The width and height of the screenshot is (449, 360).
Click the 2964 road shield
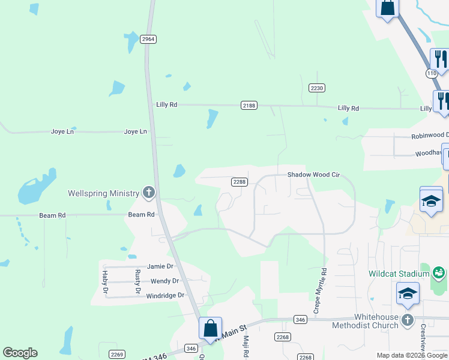tap(148, 39)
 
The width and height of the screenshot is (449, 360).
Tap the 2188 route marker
tap(249, 105)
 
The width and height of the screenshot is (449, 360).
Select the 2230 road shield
tap(317, 88)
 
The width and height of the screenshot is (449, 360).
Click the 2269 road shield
tap(117, 354)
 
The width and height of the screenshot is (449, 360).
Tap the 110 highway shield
tap(432, 73)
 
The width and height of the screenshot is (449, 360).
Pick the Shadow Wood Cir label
tap(313, 175)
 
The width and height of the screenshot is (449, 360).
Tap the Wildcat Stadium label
tap(399, 274)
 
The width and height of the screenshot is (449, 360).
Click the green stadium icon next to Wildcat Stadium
tap(439, 274)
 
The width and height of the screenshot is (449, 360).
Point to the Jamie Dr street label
tap(160, 266)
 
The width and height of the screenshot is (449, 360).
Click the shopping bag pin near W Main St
tap(210, 329)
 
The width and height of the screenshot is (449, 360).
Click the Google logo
tap(20, 353)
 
